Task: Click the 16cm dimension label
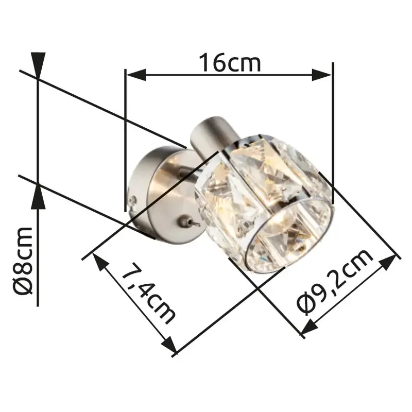[230, 62]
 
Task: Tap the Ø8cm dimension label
[23, 261]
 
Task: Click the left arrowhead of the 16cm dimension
[136, 75]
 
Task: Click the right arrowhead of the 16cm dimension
[321, 75]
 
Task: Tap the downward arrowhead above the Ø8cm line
[38, 65]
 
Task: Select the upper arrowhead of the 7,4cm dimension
[100, 262]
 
